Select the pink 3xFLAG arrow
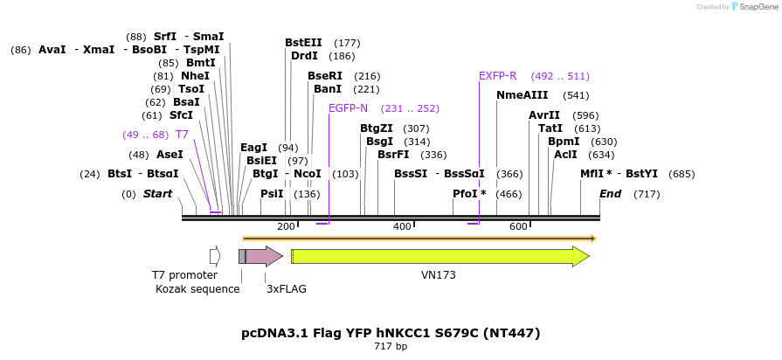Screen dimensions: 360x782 point(262,256)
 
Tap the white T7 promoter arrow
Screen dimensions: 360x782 point(214,256)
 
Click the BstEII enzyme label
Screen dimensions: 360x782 point(303,43)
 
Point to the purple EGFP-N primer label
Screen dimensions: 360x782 point(348,108)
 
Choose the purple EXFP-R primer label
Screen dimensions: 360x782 point(498,76)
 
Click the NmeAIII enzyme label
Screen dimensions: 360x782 point(522,95)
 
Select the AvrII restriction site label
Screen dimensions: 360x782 point(544,115)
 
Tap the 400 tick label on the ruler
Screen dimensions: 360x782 point(402,227)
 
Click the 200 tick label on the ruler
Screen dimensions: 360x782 point(286,227)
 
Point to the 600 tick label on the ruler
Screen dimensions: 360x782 point(518,227)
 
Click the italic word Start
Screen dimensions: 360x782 point(158,193)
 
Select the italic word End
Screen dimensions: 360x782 point(611,193)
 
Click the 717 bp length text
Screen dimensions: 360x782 point(391,347)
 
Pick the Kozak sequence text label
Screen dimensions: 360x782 point(197,288)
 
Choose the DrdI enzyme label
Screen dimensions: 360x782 point(304,56)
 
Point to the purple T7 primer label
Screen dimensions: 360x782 point(182,135)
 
